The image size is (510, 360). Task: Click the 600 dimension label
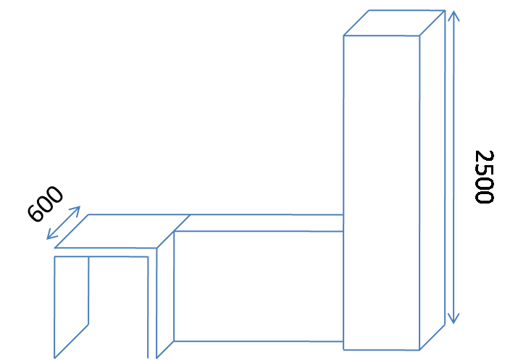coord(45,204)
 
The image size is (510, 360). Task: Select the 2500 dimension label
coord(485,177)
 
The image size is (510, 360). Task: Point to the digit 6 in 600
coord(35,213)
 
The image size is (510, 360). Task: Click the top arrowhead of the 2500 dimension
coord(453,16)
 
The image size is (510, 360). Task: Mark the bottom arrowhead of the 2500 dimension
coord(453,319)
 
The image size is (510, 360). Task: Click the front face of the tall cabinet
coord(382,193)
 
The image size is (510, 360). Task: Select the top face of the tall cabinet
coord(394,22)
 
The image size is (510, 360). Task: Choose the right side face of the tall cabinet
coord(432,180)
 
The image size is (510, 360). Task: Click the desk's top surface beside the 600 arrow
coord(122,231)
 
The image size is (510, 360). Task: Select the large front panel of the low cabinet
coord(259,286)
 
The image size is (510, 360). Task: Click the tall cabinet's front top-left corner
coord(344,35)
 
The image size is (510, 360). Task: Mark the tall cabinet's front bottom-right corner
coord(419,350)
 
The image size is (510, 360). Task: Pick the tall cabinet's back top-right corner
coord(445,10)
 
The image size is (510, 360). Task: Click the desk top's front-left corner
coord(54,248)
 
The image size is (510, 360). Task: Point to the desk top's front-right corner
coord(156,248)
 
